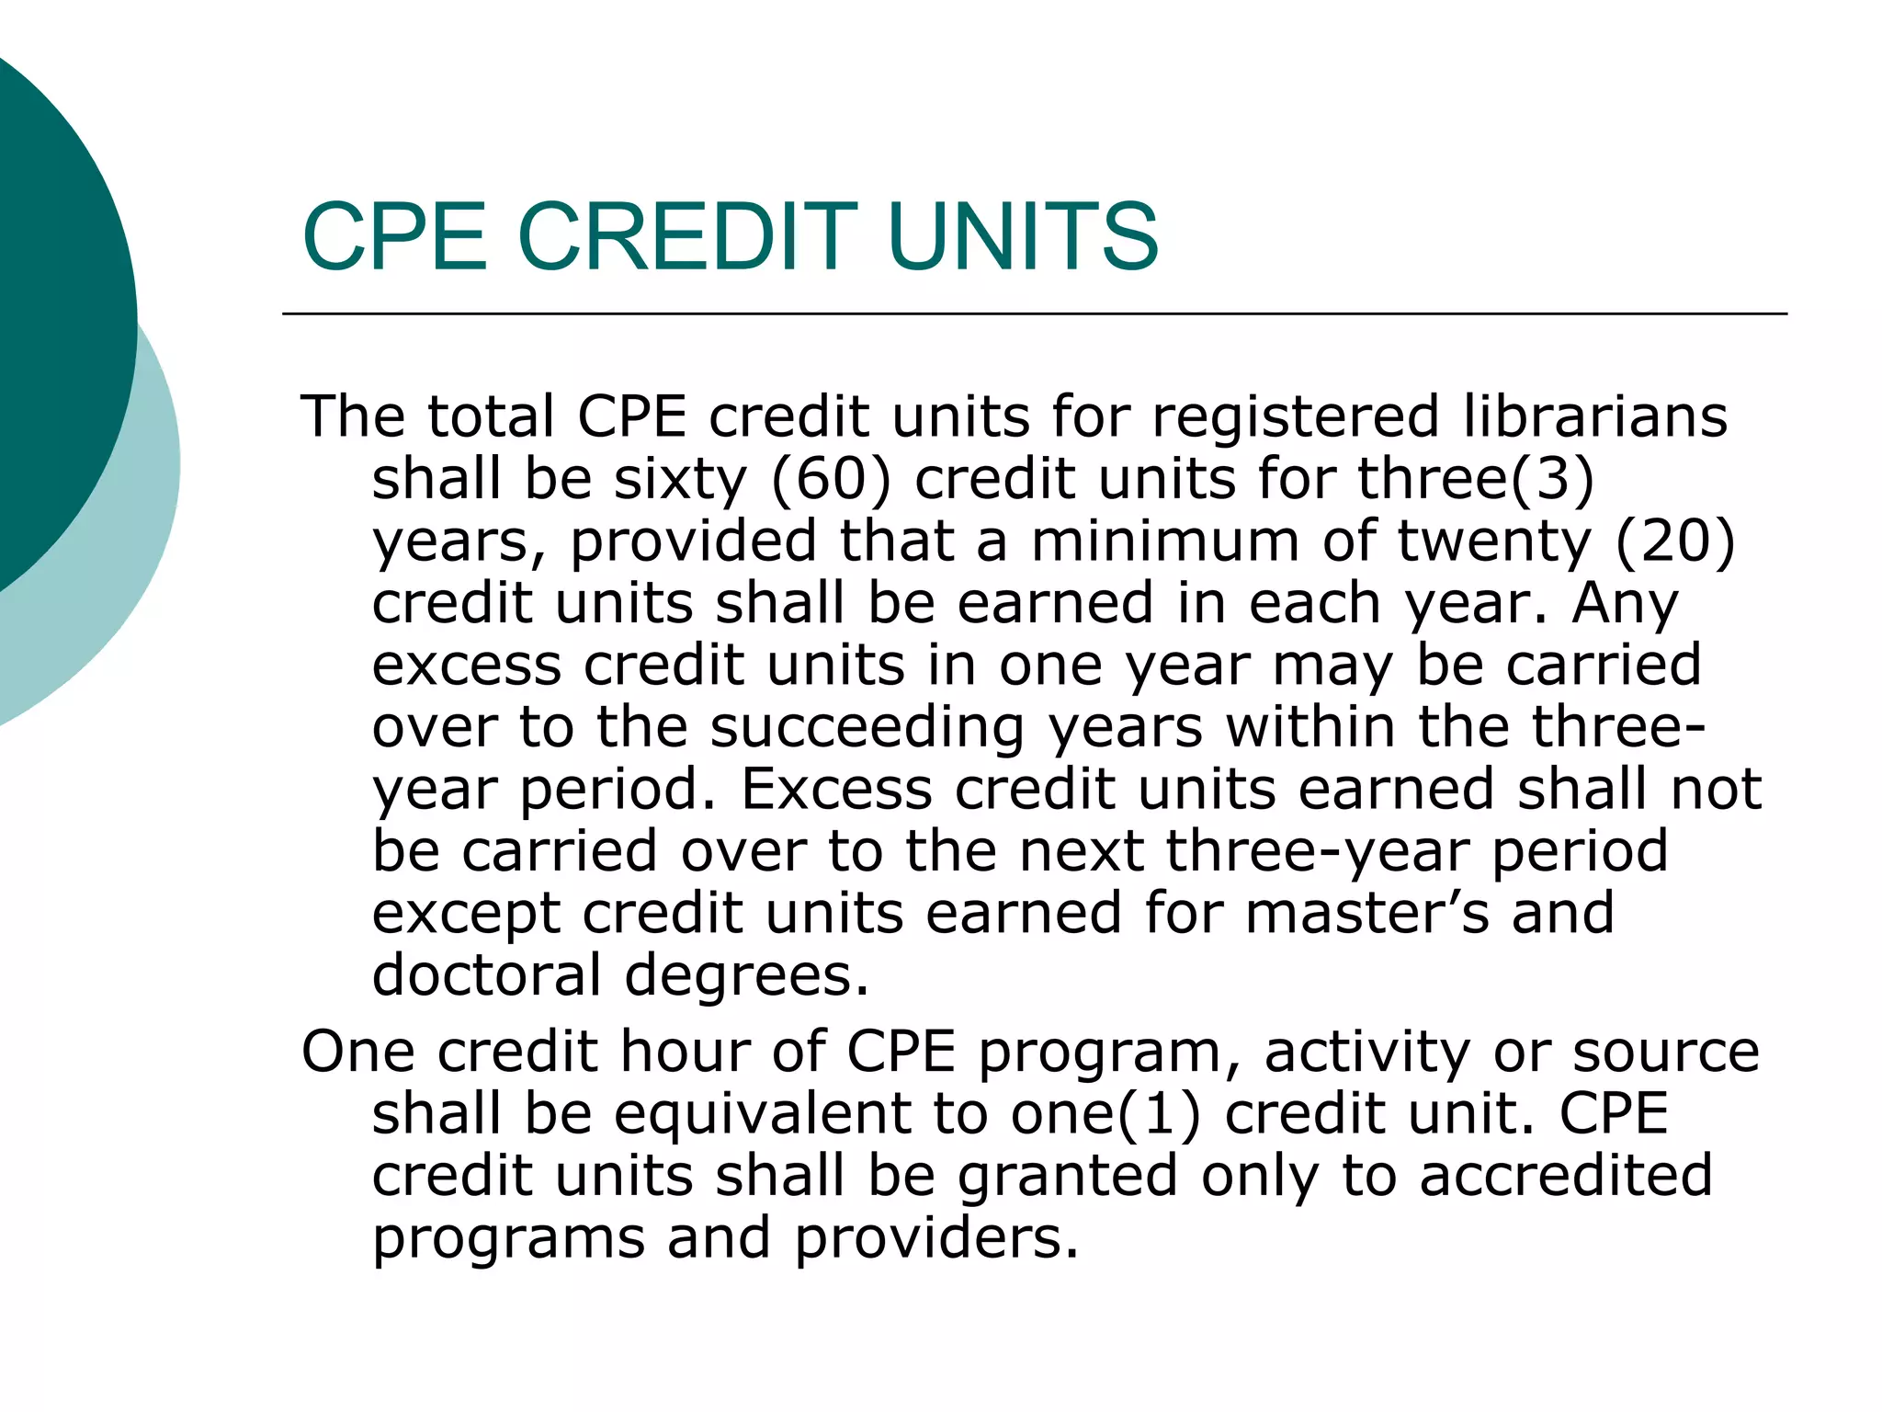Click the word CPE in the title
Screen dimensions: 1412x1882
[394, 237]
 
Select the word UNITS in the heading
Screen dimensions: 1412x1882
[1023, 237]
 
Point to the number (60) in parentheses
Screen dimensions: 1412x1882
[831, 480]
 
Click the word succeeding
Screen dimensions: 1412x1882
[867, 728]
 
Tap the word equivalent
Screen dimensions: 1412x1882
[762, 1114]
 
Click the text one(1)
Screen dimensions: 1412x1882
[1105, 1114]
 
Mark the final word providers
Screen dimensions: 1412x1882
[936, 1238]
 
